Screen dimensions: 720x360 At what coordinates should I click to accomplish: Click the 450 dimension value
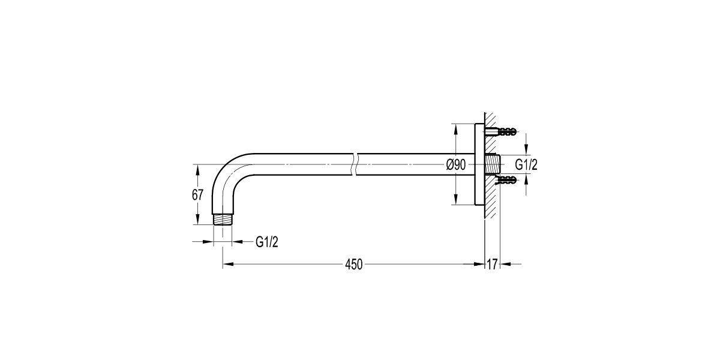[x=353, y=264]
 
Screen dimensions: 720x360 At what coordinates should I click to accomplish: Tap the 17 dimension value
[x=492, y=264]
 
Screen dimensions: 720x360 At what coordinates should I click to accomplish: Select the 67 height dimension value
[x=197, y=195]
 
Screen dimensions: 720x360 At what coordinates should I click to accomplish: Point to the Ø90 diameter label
[x=456, y=165]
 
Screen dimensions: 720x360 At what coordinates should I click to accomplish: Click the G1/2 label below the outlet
[x=267, y=242]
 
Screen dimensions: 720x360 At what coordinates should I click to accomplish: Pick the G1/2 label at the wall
[x=526, y=164]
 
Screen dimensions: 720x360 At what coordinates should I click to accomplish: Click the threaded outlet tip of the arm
[x=223, y=219]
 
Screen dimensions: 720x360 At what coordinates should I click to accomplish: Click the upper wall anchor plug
[x=506, y=131]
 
